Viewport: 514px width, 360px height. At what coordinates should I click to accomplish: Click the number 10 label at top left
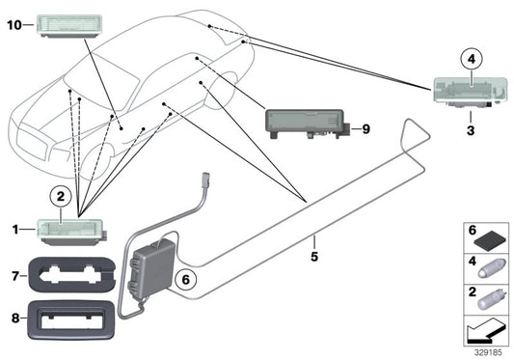pyautogui.click(x=14, y=25)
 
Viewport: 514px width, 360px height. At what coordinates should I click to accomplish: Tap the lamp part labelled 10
pyautogui.click(x=69, y=26)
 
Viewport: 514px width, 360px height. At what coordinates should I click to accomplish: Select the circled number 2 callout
pyautogui.click(x=61, y=197)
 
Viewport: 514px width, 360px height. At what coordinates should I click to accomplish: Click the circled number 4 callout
pyautogui.click(x=471, y=60)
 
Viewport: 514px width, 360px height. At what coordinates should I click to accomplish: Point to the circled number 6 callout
pyautogui.click(x=185, y=280)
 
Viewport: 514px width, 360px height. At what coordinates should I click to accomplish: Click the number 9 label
pyautogui.click(x=365, y=129)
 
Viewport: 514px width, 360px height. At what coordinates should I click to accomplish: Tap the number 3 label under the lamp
pyautogui.click(x=471, y=130)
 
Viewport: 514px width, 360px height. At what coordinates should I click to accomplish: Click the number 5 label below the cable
pyautogui.click(x=314, y=257)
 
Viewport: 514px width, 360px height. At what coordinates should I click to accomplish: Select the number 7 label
pyautogui.click(x=15, y=276)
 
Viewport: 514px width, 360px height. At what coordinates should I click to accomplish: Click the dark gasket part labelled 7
pyautogui.click(x=72, y=274)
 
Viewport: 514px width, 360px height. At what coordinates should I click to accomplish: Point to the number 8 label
pyautogui.click(x=15, y=318)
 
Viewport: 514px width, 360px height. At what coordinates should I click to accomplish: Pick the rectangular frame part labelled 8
pyautogui.click(x=71, y=320)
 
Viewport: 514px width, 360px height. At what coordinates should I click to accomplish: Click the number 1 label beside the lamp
pyautogui.click(x=15, y=230)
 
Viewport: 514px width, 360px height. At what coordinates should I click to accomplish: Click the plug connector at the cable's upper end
pyautogui.click(x=206, y=180)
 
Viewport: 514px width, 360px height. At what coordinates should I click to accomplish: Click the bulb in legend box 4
pyautogui.click(x=489, y=270)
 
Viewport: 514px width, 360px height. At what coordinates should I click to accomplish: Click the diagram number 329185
pyautogui.click(x=488, y=353)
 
